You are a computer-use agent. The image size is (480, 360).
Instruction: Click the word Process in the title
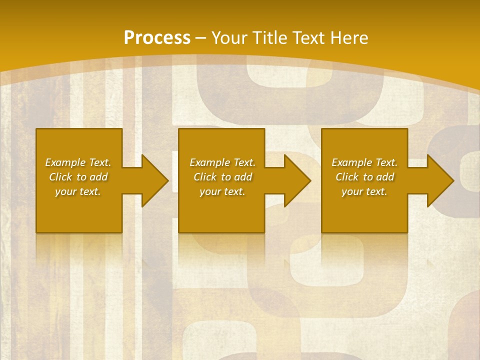157,38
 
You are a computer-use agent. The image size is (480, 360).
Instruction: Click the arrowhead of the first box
155,180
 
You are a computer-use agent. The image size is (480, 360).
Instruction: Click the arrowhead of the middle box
298,180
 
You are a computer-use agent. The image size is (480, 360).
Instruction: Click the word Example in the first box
65,162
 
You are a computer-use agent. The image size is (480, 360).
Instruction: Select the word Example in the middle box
209,162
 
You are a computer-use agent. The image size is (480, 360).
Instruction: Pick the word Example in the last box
351,162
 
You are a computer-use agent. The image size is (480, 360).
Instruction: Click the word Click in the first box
60,177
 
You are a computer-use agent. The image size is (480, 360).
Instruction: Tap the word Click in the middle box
205,177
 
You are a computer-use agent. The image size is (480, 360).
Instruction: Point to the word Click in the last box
347,177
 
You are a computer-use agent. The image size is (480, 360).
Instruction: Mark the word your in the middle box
210,192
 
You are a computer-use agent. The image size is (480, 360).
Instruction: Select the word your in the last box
352,192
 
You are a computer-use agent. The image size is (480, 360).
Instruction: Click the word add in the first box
99,177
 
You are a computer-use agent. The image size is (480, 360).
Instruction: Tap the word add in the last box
385,177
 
